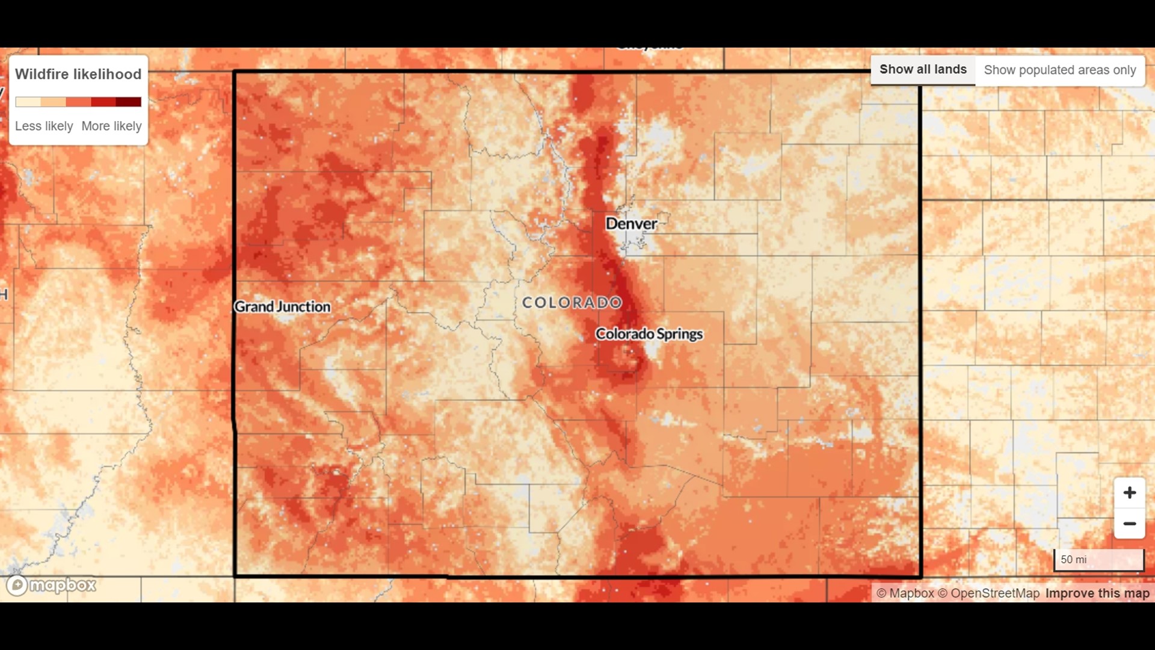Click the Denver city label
(630, 224)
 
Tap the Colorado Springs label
(648, 334)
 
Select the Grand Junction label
(282, 307)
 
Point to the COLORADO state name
(571, 303)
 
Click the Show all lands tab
(922, 70)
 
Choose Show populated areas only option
(1059, 70)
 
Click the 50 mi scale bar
(1098, 560)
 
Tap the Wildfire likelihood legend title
(78, 74)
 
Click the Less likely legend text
(44, 126)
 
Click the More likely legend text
(111, 126)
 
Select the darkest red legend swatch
(129, 102)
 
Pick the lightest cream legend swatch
(28, 102)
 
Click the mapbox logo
(52, 585)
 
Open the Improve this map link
(1097, 593)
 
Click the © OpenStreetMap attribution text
(988, 593)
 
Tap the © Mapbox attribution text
(905, 593)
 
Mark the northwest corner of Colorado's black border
(235, 72)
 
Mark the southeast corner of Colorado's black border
(920, 576)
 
